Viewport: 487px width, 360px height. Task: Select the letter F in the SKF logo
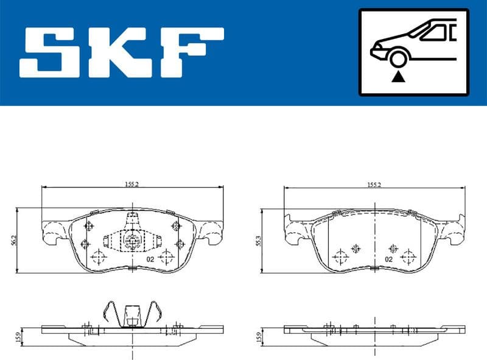194,52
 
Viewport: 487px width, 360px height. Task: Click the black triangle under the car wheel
398,76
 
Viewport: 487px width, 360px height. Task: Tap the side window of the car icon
433,32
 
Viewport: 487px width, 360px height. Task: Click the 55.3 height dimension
258,240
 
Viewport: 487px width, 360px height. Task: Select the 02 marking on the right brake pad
387,258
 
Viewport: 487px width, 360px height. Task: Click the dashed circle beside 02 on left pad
164,257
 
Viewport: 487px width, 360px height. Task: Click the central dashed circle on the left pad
131,241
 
